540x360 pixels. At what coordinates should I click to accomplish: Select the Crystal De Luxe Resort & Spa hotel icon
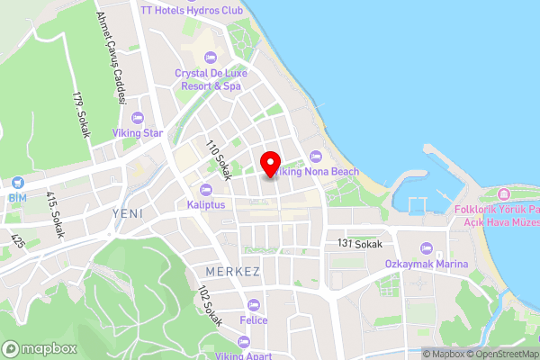pos(210,58)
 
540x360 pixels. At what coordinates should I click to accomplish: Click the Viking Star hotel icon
pos(138,118)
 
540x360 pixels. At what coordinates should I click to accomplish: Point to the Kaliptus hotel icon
pos(206,190)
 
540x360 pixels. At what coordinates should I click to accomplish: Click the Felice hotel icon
pos(254,305)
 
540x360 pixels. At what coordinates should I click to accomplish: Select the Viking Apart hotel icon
pos(244,341)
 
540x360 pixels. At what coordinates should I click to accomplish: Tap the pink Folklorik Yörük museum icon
pos(502,195)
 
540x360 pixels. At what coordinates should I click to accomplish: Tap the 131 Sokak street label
pos(360,244)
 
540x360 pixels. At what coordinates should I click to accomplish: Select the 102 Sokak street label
pos(211,306)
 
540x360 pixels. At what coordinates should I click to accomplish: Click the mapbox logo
pos(37,348)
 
